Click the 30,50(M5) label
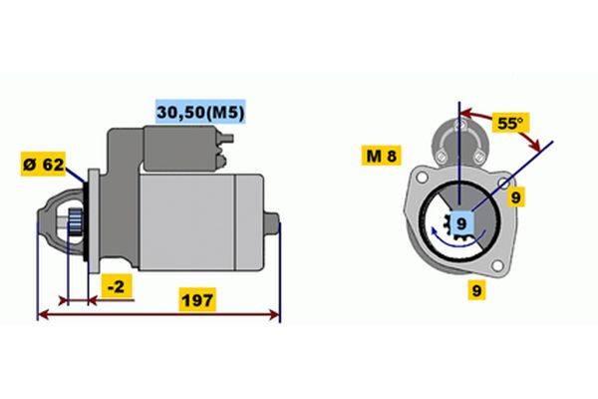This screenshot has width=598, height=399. coord(200,112)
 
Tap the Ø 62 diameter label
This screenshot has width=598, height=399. coord(43,165)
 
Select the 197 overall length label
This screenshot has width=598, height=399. coord(197,300)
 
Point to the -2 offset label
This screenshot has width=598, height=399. coord(117,286)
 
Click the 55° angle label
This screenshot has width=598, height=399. coord(510,123)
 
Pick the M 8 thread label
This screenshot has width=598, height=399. coord(381,156)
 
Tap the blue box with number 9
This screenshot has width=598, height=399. coord(461,223)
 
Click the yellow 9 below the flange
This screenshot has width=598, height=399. coord(476,290)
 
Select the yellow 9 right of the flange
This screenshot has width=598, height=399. coord(515,198)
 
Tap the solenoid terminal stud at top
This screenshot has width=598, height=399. coord(227,138)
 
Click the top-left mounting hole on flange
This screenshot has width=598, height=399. coord(422,177)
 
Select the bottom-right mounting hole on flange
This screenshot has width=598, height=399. coord(497,265)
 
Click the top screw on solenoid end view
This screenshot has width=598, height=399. coord(459,124)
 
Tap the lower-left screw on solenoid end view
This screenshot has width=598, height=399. coord(441,157)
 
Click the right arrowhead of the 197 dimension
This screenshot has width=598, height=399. coord(274,314)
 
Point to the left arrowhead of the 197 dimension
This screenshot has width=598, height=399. coord(44,314)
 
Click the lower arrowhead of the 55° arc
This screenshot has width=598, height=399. coord(535,145)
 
